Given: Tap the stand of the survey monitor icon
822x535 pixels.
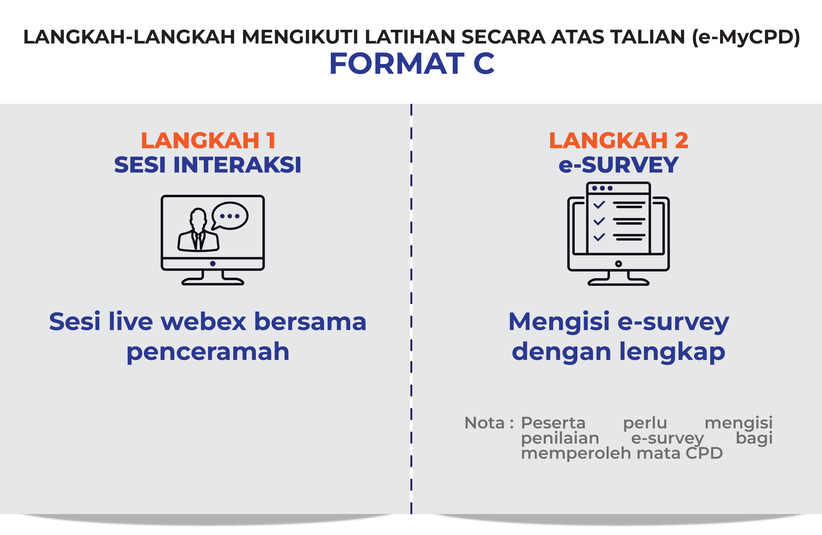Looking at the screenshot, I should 618,279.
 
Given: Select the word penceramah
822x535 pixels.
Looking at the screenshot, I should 208,352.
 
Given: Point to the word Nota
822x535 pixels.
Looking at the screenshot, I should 484,423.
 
